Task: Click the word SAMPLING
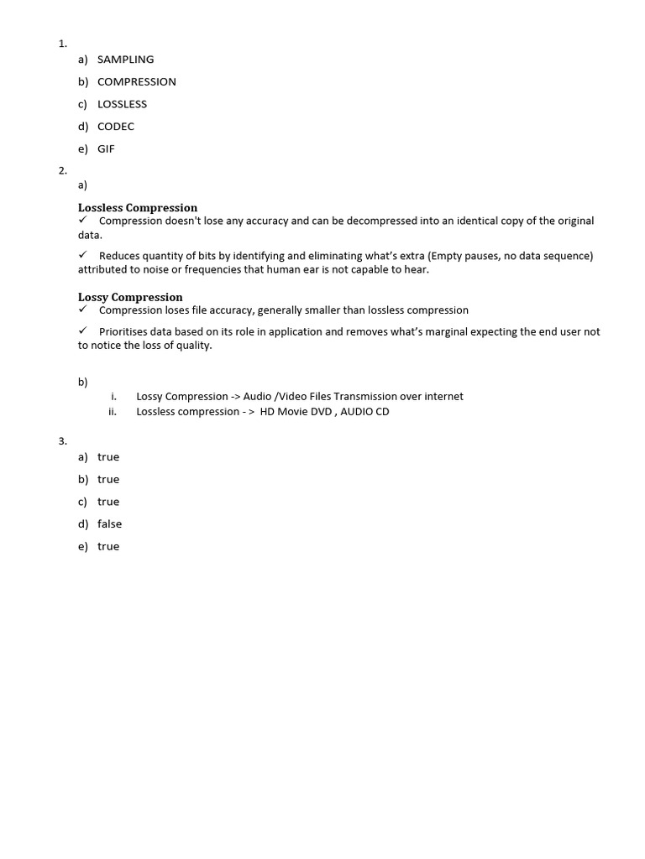click(x=125, y=60)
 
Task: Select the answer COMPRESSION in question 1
click(x=136, y=82)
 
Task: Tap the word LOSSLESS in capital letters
click(x=122, y=105)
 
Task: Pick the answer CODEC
click(x=116, y=127)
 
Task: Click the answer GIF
click(x=106, y=149)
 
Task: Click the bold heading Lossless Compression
click(x=138, y=208)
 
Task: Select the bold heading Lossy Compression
click(x=130, y=297)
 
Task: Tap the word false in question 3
click(x=109, y=524)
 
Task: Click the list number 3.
click(x=62, y=441)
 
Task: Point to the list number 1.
click(x=62, y=44)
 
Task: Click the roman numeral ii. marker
click(x=113, y=412)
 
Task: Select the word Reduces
click(x=121, y=256)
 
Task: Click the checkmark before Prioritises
click(x=83, y=331)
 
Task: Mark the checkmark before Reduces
click(x=83, y=255)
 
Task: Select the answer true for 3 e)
click(x=108, y=547)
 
